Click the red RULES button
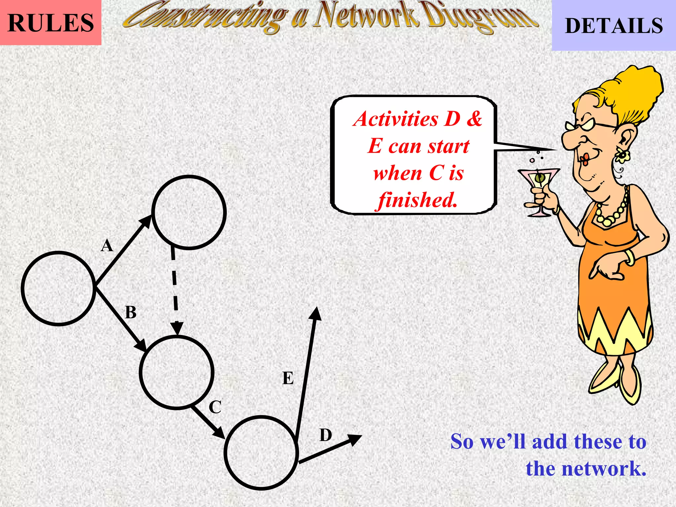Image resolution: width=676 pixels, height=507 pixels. click(51, 22)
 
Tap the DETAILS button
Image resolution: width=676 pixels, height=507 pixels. click(614, 25)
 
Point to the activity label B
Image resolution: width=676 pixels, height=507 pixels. click(131, 312)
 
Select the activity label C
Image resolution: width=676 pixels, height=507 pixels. click(215, 407)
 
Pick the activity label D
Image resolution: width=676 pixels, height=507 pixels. click(325, 435)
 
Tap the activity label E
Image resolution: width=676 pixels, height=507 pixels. click(288, 378)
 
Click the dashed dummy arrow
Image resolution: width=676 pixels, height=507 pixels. click(174, 287)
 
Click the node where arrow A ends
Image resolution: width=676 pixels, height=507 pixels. click(189, 212)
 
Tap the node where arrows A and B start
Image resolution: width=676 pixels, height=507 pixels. click(58, 288)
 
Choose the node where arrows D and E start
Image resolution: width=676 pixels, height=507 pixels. click(261, 453)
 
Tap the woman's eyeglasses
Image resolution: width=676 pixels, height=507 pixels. click(591, 125)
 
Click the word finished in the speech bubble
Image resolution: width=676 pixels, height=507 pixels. click(418, 200)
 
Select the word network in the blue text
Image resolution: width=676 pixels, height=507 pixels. click(586, 469)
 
